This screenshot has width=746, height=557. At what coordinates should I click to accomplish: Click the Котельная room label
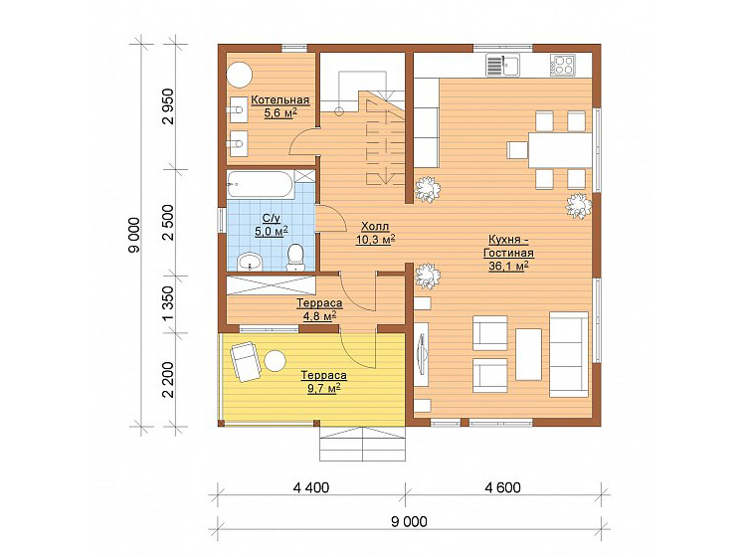280,100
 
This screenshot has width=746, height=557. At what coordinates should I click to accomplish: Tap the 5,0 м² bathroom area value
272,231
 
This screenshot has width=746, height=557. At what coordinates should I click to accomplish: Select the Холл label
375,227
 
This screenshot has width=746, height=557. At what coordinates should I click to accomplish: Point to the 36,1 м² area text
508,266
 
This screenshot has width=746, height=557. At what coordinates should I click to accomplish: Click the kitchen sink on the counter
502,66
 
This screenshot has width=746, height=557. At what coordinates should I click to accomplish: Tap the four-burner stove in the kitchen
563,65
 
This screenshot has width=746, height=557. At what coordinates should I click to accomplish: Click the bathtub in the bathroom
261,183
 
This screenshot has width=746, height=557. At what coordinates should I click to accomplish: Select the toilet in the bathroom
296,257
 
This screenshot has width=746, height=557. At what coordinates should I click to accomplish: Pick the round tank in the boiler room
239,75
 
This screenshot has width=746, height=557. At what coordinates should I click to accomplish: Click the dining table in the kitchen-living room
560,150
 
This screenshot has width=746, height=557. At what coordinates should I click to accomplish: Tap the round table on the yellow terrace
275,360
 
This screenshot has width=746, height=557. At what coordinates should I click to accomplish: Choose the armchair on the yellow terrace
246,361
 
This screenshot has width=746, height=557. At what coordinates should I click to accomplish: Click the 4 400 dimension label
311,487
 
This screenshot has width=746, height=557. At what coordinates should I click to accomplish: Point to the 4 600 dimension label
503,487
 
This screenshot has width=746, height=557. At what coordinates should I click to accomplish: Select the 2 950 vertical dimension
169,106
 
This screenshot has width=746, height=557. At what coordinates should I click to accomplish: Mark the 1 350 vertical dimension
169,304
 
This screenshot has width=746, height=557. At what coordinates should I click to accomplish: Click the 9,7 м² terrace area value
323,389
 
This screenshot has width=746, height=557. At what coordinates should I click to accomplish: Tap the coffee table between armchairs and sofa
528,354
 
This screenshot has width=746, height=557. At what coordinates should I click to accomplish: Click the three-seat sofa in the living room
569,354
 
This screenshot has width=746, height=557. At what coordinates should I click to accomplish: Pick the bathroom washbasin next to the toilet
250,262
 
